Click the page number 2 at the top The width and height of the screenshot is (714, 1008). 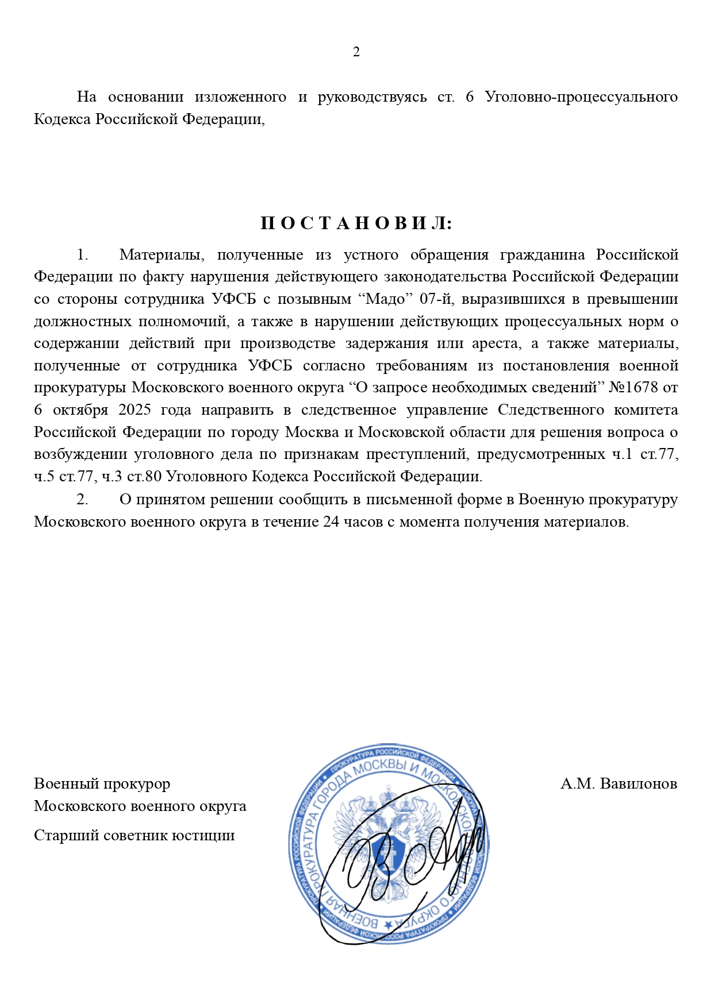356,52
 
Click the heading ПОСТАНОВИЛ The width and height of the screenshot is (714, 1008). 356,223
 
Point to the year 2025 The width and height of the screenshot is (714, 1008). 135,410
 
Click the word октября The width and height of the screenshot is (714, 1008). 80,410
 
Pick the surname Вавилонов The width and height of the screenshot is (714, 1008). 638,784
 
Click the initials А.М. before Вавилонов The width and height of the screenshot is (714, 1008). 577,784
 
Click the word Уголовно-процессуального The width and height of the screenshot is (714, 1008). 581,97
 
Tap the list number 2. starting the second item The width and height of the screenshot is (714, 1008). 83,500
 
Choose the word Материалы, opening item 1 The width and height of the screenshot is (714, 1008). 159,254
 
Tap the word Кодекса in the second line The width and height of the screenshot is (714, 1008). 62,119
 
